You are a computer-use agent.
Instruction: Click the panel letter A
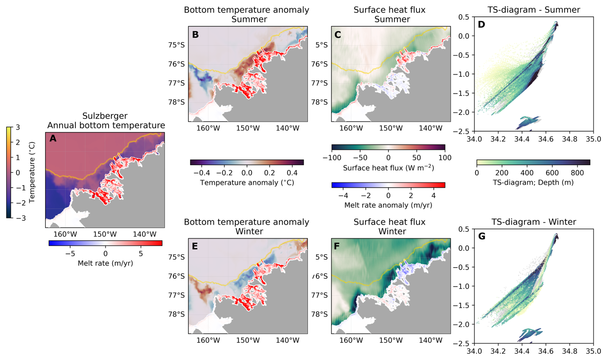(53, 138)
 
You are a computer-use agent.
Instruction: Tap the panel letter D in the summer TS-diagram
(481, 24)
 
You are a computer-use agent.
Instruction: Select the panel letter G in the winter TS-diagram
(482, 236)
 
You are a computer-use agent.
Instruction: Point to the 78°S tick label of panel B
(176, 102)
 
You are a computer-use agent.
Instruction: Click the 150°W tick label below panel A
(105, 234)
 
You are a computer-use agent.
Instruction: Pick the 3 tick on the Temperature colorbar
(18, 127)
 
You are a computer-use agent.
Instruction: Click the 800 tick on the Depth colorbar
(577, 173)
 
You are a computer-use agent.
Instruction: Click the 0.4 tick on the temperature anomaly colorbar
(292, 173)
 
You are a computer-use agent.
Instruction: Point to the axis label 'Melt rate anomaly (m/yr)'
(388, 205)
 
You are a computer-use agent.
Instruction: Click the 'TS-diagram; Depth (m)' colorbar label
(533, 183)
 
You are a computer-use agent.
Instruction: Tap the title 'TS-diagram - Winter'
(534, 222)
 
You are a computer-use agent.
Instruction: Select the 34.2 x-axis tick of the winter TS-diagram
(498, 351)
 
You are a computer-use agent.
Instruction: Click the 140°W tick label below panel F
(431, 340)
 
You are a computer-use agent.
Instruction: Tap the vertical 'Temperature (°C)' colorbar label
(32, 173)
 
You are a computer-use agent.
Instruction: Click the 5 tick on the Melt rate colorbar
(141, 253)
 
